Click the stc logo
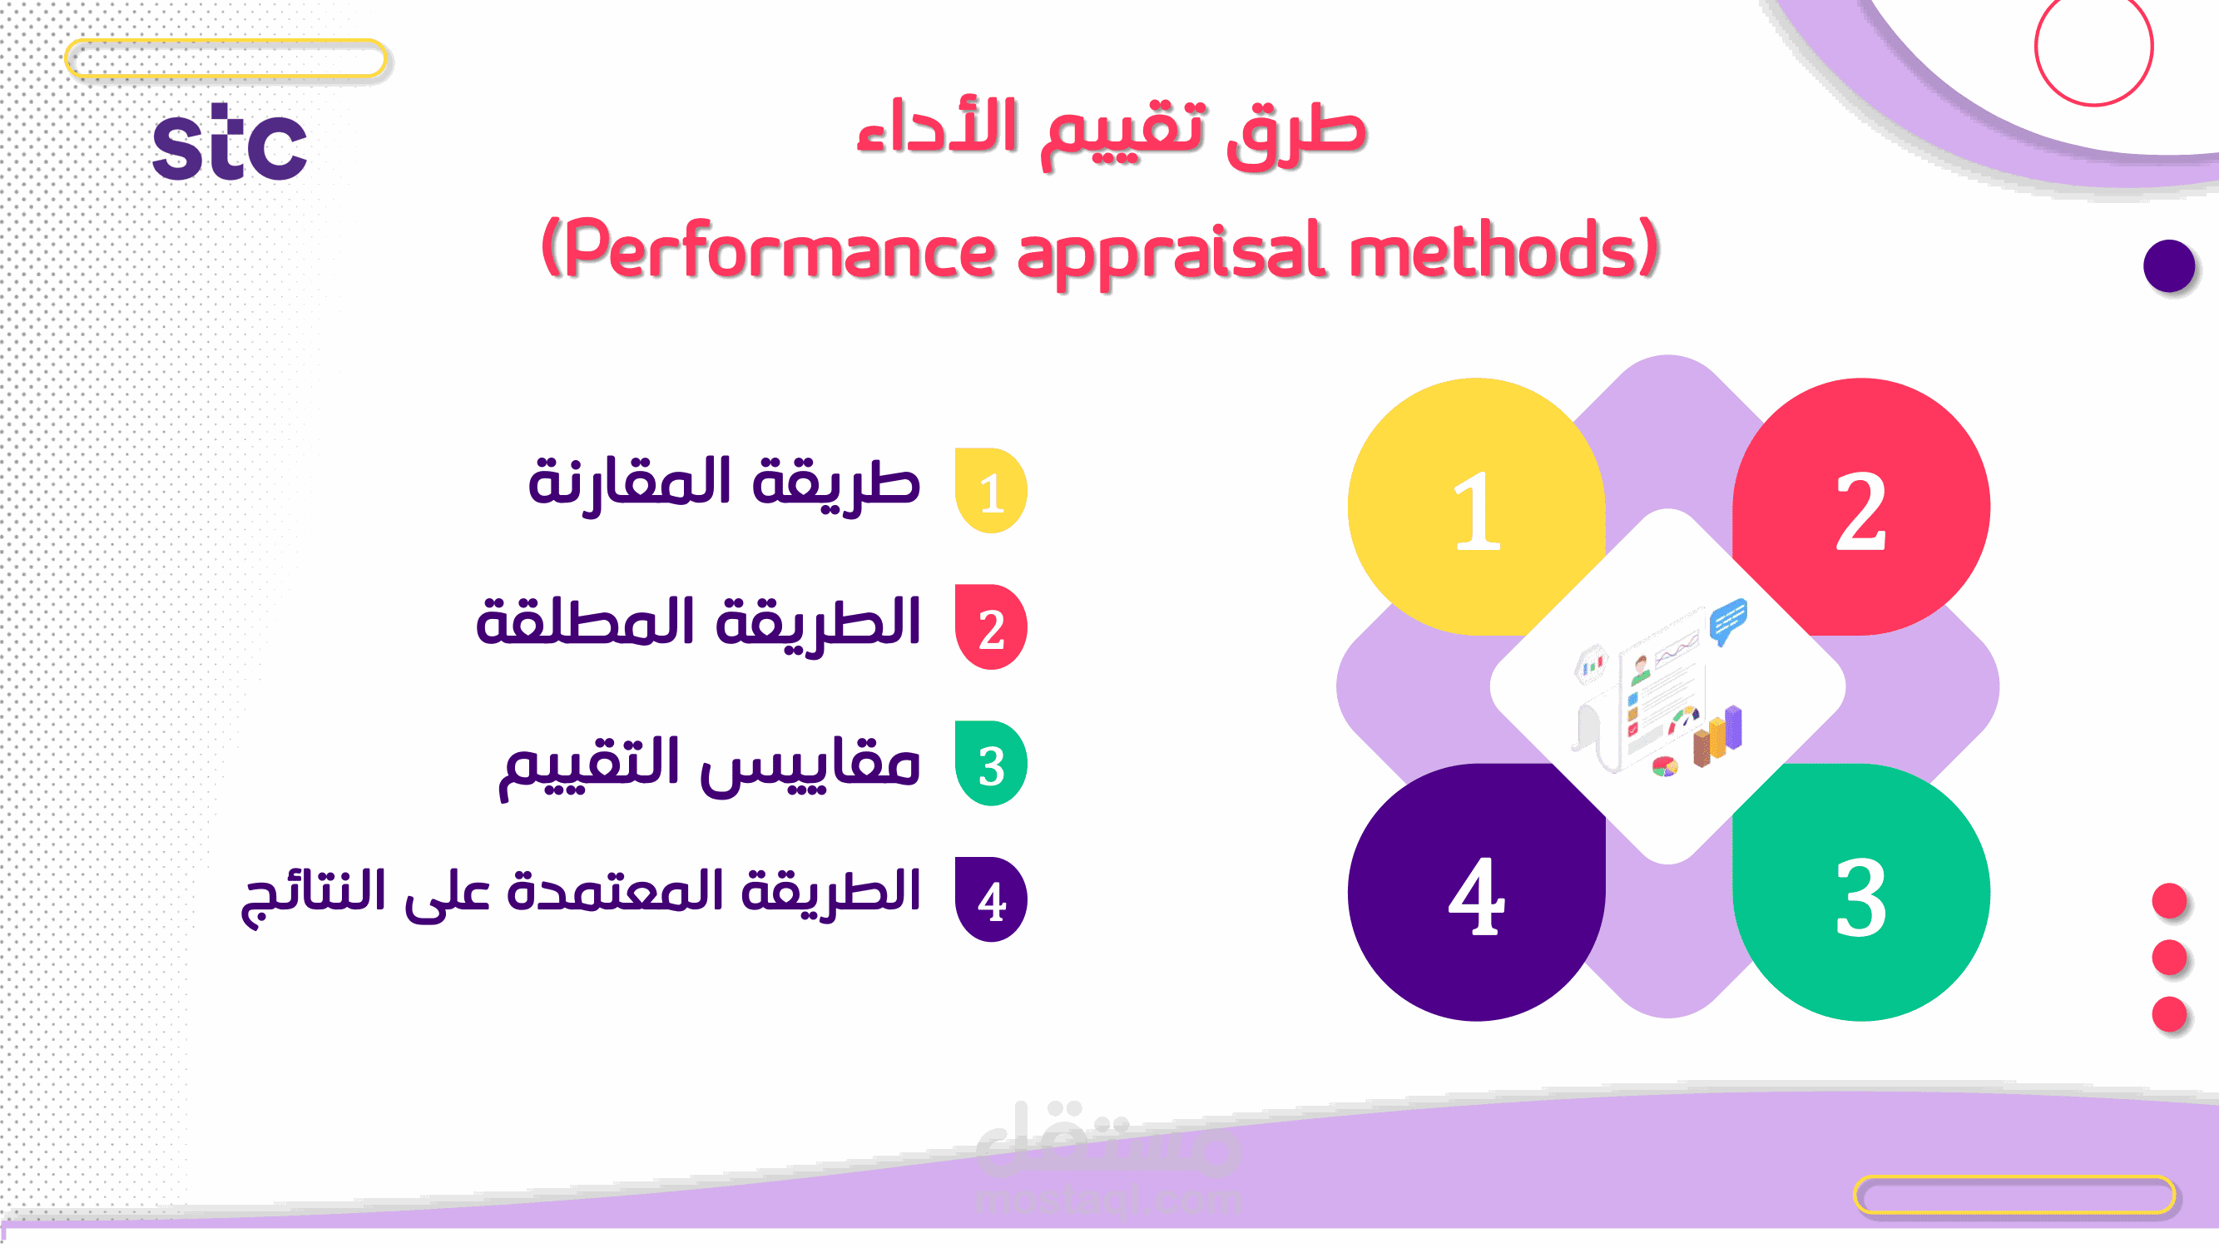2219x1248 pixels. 229,142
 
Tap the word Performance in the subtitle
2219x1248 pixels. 780,250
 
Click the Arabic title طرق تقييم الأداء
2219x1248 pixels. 1112,131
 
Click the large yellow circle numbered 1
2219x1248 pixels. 1477,508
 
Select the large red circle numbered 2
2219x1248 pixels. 1861,508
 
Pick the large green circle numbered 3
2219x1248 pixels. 1861,892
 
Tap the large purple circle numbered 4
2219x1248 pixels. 1477,892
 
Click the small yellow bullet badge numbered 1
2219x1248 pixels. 992,491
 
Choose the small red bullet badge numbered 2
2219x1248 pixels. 992,627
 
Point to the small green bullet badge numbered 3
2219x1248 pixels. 992,764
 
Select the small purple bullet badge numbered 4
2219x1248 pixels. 992,900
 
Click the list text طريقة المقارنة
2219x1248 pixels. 725,484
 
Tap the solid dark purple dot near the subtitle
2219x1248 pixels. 2169,266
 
